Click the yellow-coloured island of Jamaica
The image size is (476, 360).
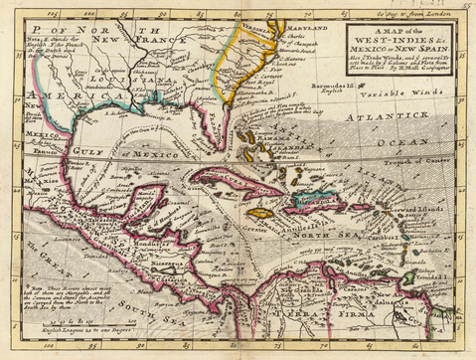coord(261,213)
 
